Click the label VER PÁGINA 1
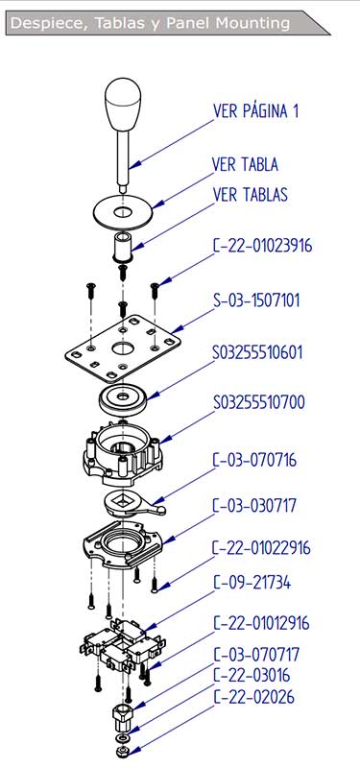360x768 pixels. point(255,111)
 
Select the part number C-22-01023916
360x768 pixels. point(262,246)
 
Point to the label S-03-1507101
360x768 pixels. point(256,300)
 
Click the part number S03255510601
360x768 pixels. point(257,352)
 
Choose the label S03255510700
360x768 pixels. point(258,402)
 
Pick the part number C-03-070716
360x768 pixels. point(254,460)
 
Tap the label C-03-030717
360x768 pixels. point(254,505)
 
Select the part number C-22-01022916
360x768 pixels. point(261,547)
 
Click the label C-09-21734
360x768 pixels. point(252,583)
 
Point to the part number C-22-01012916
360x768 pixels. point(261,623)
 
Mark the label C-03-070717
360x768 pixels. point(256,655)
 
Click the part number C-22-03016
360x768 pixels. point(252,676)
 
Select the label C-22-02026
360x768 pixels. point(253,697)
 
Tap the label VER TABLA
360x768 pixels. point(245,164)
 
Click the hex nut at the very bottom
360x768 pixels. point(120,752)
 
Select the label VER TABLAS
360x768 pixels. point(251,195)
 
